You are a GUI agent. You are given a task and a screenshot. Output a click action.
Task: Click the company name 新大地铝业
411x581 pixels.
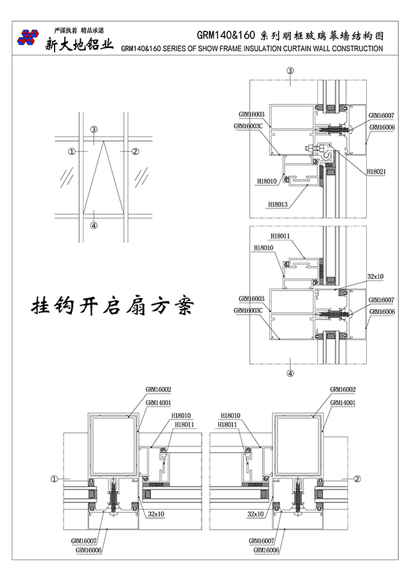[79, 45]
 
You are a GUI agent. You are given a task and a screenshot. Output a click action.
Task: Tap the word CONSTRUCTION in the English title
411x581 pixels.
[353, 48]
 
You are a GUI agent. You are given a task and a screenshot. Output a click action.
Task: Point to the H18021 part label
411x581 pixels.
[376, 171]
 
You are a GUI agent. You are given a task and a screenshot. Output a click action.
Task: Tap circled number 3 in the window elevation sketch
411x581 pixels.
[93, 130]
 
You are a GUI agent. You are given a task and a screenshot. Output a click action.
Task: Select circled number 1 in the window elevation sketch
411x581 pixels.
[72, 151]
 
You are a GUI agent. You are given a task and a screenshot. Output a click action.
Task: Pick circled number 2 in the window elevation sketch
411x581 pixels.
[135, 151]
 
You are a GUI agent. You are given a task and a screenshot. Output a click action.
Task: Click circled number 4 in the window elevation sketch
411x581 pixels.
[94, 225]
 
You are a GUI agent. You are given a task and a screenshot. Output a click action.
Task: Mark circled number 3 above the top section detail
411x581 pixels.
[290, 71]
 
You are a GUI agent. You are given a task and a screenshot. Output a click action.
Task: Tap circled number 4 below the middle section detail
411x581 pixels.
[290, 372]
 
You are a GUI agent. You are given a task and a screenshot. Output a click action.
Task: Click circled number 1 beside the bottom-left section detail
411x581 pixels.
[55, 478]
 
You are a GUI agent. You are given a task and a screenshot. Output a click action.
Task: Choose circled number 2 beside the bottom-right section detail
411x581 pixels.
[358, 478]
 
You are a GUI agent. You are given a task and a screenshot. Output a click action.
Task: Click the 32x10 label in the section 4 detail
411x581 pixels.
[376, 276]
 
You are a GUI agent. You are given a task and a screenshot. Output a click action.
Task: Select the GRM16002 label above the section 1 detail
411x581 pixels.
[158, 389]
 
